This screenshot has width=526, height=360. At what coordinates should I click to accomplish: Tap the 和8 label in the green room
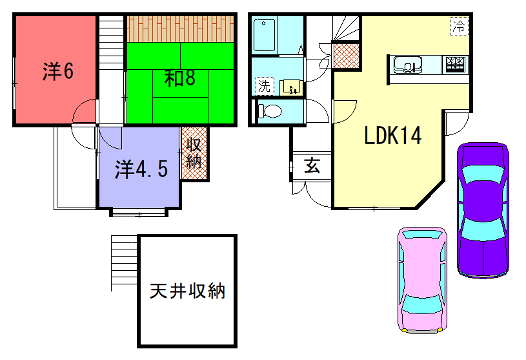179,78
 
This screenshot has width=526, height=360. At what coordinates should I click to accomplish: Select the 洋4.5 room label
139,169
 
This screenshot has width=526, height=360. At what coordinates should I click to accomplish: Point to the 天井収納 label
187,292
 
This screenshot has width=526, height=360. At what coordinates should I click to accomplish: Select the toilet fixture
269,112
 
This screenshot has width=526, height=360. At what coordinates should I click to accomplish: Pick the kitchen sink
409,66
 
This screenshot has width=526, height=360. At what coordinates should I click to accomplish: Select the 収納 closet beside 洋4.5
195,153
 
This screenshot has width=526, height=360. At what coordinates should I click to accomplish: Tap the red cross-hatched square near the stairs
343,55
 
